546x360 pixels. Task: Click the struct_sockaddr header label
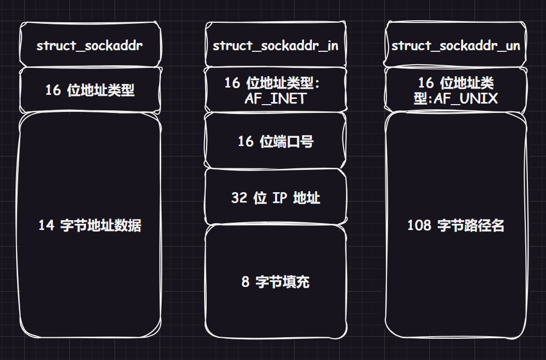click(x=90, y=46)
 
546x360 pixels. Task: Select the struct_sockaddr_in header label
click(x=275, y=46)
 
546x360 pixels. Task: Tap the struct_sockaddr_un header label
click(x=456, y=46)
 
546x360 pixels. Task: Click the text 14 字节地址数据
click(x=90, y=225)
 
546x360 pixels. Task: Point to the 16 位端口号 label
click(x=275, y=141)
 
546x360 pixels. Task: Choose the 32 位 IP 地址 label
click(x=275, y=198)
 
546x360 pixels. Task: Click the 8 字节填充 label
click(x=275, y=282)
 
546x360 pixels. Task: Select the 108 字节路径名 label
click(x=456, y=225)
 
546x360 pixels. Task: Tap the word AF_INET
click(x=276, y=98)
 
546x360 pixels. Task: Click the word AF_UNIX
click(x=466, y=98)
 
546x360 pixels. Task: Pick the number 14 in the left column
click(x=46, y=225)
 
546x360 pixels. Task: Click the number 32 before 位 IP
click(x=239, y=198)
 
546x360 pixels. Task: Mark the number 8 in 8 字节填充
click(x=245, y=282)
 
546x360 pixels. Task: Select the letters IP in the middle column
click(x=280, y=198)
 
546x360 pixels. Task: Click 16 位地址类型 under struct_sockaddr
click(x=90, y=90)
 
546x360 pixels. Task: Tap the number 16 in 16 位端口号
click(x=245, y=141)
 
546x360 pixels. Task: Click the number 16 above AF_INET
click(x=232, y=83)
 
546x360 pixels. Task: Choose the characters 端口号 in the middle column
click(x=294, y=141)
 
